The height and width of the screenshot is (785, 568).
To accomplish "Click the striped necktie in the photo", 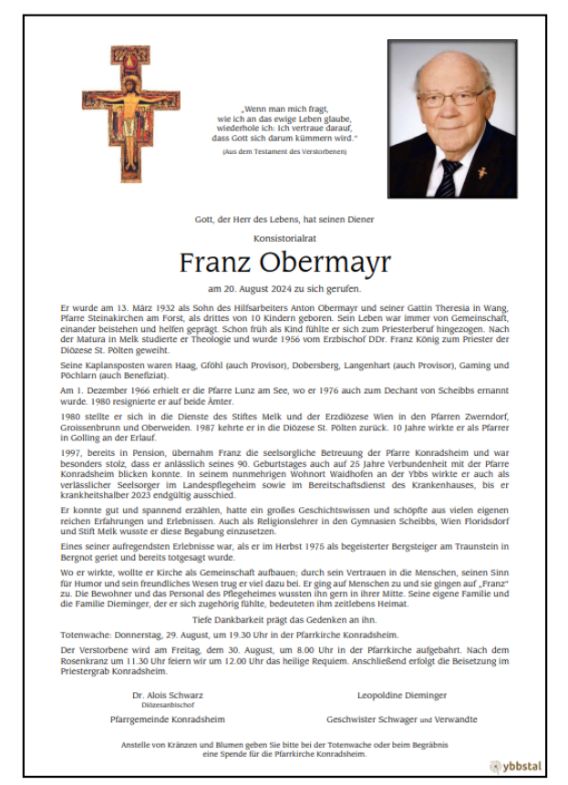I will [x=448, y=178].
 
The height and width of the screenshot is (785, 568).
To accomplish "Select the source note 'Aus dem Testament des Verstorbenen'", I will [x=284, y=150].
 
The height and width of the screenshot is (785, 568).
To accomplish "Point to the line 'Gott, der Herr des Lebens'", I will [x=284, y=219].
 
